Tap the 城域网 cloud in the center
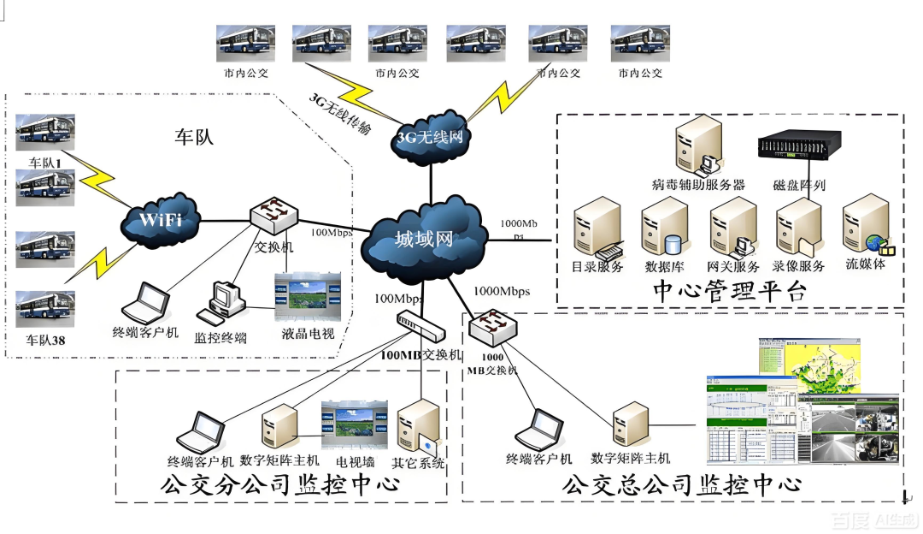coord(424,239)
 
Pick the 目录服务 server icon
coord(597,227)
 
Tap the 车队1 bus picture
coord(45,132)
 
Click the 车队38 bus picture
coord(45,309)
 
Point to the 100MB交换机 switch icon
coord(420,325)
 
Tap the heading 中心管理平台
coord(729,291)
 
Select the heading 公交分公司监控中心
coord(280,486)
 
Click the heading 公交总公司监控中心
coord(682,485)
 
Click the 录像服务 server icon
coord(798,227)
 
